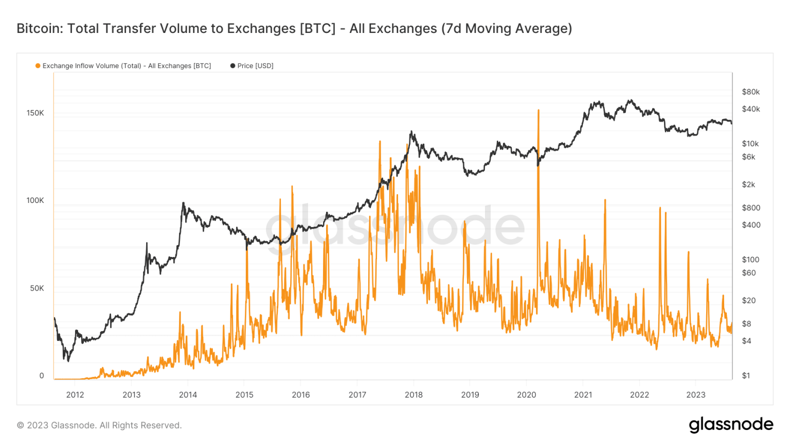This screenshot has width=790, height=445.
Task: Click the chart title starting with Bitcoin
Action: coord(294,28)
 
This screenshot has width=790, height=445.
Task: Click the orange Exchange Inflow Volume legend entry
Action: coord(123,66)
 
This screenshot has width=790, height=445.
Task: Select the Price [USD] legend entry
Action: coord(252,66)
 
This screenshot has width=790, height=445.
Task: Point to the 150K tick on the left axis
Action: coord(35,113)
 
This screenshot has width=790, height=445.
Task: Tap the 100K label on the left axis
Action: coord(35,200)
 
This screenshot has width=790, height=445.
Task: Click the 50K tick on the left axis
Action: coord(37,288)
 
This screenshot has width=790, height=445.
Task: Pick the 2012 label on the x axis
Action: coord(75,395)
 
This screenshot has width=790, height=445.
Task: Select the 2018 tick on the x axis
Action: coord(414,395)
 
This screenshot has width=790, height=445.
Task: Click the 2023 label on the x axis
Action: coord(696,395)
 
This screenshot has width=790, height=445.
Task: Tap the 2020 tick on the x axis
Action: coord(526,395)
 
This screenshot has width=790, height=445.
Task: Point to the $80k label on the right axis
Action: coord(750,92)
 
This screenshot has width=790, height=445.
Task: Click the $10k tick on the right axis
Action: coord(750,144)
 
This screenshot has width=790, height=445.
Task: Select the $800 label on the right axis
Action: coord(751,208)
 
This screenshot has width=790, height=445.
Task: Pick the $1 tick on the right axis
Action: coord(746,375)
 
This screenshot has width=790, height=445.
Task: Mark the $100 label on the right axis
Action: coord(751,260)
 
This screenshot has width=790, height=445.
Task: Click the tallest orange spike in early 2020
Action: coord(538,110)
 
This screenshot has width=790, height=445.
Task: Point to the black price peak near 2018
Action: coord(411,132)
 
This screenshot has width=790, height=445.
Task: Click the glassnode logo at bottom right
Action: coord(731,424)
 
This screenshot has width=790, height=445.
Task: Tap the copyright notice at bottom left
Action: coord(99,425)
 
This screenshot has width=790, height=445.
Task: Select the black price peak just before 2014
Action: coord(183,203)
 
